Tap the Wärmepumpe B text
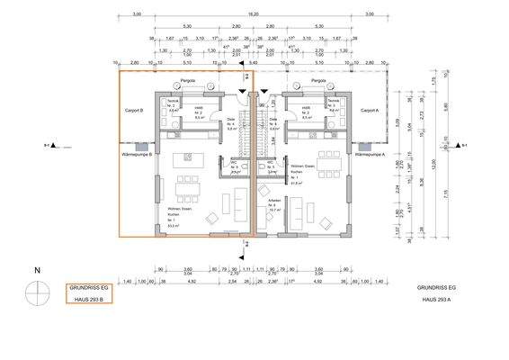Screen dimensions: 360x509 point(136,154)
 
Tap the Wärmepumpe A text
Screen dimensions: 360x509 point(370,154)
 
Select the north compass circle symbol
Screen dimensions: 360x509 point(37,292)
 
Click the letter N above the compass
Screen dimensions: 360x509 point(37,270)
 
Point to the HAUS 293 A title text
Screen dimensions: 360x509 point(437,298)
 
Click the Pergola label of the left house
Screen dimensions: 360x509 point(188,81)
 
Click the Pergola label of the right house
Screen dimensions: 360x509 point(317,81)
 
